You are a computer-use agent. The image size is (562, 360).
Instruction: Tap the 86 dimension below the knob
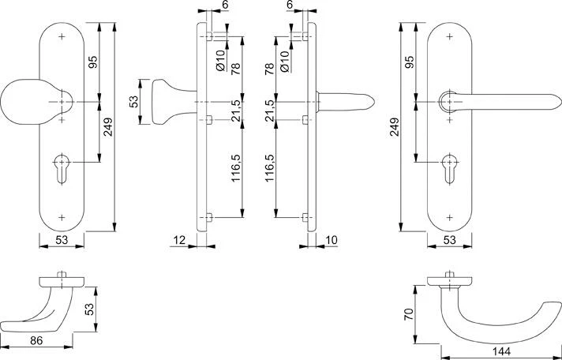point(37,342)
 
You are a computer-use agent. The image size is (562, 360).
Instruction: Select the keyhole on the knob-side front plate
point(62,167)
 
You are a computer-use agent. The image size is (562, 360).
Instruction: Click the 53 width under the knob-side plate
point(62,241)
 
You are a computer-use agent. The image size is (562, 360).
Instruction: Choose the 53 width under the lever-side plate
point(450,241)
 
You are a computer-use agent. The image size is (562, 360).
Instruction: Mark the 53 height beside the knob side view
point(134,102)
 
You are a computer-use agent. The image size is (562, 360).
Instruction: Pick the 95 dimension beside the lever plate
point(410,63)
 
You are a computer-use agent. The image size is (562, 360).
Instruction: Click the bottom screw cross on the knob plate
point(62,216)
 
